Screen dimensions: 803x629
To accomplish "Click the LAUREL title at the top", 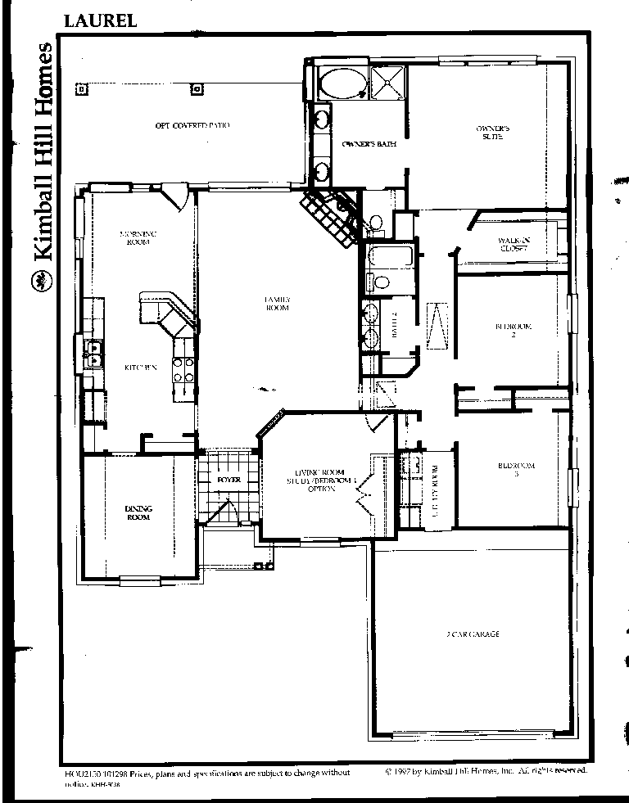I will coord(99,20).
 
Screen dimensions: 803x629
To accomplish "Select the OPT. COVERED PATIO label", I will coord(192,125).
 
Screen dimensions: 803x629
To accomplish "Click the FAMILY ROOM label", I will coord(278,304).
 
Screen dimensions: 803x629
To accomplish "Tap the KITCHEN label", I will coord(140,368).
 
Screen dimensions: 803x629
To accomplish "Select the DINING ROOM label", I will coord(138,513).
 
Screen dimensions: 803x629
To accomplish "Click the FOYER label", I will coord(229,480).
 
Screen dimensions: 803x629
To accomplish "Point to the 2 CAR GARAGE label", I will coord(473,634).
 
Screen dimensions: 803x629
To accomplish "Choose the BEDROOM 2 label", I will coord(514,331).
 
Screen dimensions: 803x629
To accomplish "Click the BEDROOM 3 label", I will coord(516,470).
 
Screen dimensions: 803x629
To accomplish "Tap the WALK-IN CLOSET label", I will coord(514,243).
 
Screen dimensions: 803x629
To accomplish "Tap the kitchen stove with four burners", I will coord(183,371).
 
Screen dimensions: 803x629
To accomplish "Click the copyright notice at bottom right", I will coord(486,771).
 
